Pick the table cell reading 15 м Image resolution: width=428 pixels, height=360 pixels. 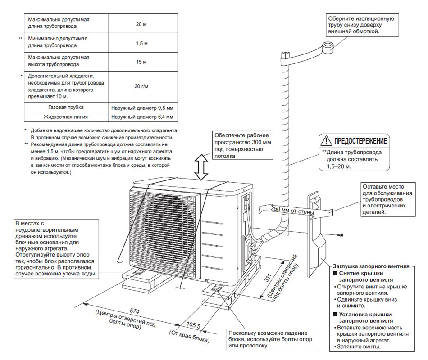[141, 61]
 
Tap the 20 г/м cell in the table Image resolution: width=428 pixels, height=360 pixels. [141, 85]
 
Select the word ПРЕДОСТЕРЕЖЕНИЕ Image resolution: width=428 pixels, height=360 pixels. [360, 141]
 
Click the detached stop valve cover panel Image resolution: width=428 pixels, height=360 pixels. [317, 234]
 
